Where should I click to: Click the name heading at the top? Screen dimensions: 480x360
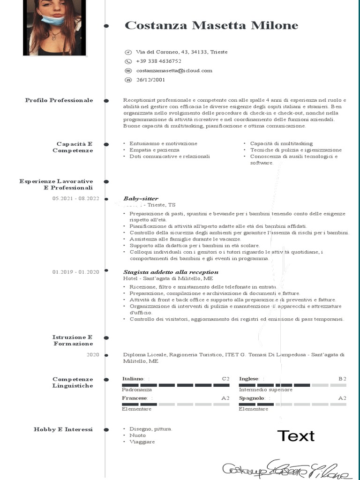[211, 25]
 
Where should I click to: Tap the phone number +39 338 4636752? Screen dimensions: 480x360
[158, 61]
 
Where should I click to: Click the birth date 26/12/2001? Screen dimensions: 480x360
[150, 80]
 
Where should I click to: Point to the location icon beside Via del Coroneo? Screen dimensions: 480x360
[128, 52]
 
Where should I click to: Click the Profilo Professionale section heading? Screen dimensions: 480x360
[59, 100]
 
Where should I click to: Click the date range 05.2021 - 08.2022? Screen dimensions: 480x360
[76, 198]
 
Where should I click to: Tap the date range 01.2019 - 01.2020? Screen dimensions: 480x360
[76, 272]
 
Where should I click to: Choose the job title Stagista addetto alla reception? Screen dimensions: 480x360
[171, 272]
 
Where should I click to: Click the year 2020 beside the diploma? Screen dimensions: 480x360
[93, 355]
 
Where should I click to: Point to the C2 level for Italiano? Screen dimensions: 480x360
[225, 378]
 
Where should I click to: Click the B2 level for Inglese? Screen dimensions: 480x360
[342, 378]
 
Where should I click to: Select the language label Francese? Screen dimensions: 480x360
[135, 398]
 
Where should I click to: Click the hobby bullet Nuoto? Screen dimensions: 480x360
[137, 435]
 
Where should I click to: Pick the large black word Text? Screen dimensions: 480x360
[296, 435]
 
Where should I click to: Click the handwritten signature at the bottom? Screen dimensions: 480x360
[286, 469]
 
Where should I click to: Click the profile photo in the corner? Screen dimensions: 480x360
[55, 27]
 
